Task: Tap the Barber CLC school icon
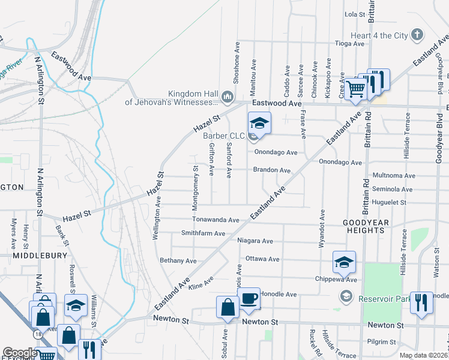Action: click(259, 123)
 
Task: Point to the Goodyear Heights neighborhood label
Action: click(371, 226)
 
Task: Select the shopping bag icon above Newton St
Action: click(228, 307)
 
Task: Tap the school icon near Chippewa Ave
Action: click(344, 262)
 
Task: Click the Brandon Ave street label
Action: click(272, 170)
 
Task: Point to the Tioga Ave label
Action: click(350, 44)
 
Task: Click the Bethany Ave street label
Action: click(178, 261)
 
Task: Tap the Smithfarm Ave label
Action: click(203, 233)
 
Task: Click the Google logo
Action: click(20, 353)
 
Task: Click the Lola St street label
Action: click(355, 14)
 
